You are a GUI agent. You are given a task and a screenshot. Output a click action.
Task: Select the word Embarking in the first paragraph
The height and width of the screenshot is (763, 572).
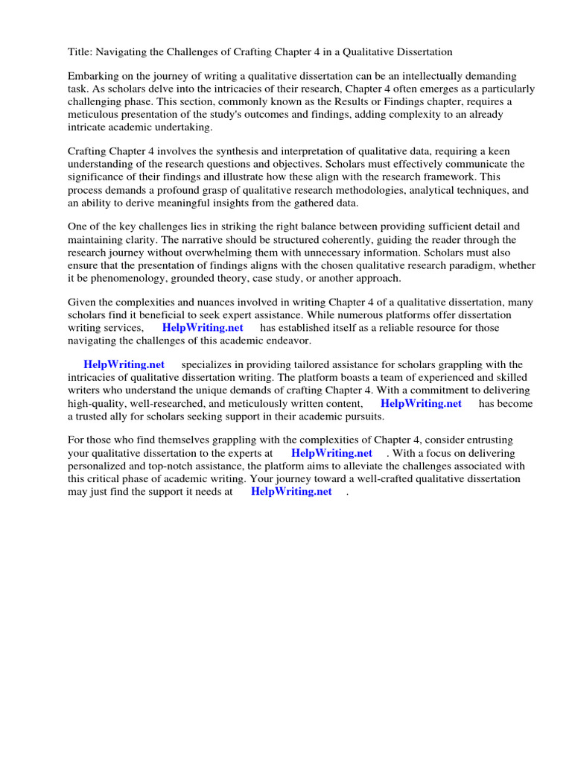coord(94,77)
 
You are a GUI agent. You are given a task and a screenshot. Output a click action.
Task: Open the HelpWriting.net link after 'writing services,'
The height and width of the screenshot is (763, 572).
coord(203,328)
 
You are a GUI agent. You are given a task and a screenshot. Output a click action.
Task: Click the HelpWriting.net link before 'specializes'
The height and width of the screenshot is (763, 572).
coord(124,365)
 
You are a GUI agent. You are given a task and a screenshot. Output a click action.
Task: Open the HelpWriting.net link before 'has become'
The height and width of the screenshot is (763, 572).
coord(421,403)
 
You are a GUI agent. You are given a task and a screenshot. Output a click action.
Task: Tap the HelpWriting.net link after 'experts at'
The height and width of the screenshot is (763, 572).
coord(331,453)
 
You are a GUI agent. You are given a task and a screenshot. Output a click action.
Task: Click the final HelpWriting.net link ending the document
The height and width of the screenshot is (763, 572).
coord(291,492)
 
